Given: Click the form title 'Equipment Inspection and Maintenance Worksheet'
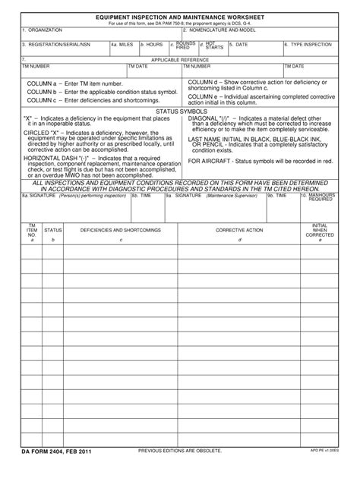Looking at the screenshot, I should [x=179, y=16].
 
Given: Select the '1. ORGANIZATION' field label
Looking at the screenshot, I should [x=43, y=30].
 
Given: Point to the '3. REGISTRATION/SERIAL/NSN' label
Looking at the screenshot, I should [x=55, y=45].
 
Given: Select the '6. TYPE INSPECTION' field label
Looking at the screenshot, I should [x=308, y=45].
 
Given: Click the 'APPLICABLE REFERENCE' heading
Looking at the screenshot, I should [x=179, y=59].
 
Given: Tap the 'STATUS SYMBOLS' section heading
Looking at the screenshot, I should [x=179, y=111].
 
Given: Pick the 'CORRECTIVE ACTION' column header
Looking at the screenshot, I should [x=239, y=229].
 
